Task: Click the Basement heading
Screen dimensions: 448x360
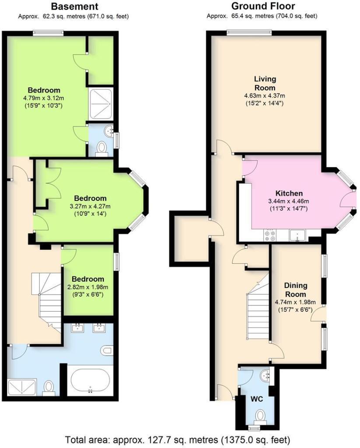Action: tap(74, 7)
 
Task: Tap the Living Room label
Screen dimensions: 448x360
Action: tap(265, 83)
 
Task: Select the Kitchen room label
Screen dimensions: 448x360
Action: tap(289, 193)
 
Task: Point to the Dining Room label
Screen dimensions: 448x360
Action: tap(296, 289)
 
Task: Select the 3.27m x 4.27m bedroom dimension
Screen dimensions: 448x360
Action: tap(90, 206)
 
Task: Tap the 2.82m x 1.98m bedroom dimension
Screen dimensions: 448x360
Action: tap(88, 287)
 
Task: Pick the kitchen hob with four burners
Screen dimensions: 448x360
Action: tap(270, 236)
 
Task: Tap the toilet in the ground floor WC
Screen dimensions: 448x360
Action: tap(260, 415)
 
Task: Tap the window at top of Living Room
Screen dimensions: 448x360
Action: tap(249, 31)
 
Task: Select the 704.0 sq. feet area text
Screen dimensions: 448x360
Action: tap(296, 17)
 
